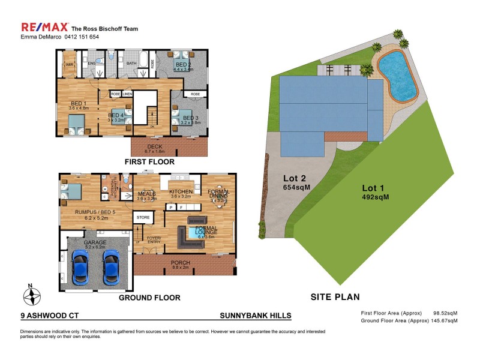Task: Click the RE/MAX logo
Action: (44, 28)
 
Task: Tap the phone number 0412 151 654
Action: (80, 37)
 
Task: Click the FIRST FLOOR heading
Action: (149, 162)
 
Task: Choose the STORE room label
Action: (143, 217)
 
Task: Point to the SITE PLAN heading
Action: (335, 296)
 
